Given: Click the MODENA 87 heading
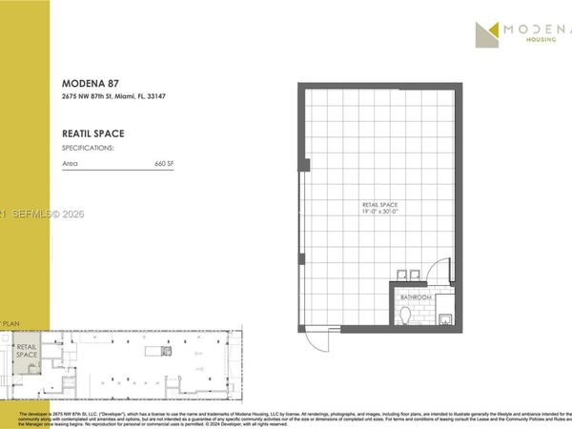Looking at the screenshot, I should (x=89, y=83).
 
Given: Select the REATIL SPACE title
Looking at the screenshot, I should (x=92, y=133).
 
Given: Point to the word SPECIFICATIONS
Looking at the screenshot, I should (x=88, y=149).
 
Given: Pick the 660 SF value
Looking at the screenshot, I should (x=164, y=164).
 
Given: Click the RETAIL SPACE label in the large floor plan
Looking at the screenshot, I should (x=378, y=205).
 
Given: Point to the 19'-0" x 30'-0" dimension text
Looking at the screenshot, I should (x=378, y=213).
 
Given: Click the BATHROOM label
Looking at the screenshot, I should (x=416, y=297).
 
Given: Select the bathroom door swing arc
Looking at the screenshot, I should (x=437, y=271).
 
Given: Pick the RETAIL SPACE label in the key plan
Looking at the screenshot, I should (x=27, y=349).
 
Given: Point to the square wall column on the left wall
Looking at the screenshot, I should (x=303, y=164).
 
